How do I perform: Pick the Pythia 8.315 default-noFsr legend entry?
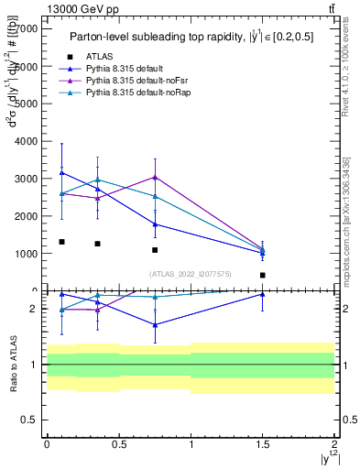125,81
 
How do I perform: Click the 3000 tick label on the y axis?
27,179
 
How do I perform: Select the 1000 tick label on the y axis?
27,254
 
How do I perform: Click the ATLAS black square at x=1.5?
263,275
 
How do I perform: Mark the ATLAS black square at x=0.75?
155,250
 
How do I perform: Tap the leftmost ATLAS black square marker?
61,242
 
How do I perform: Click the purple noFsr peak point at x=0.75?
155,177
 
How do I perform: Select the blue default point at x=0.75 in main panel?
155,224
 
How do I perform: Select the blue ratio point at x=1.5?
263,294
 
